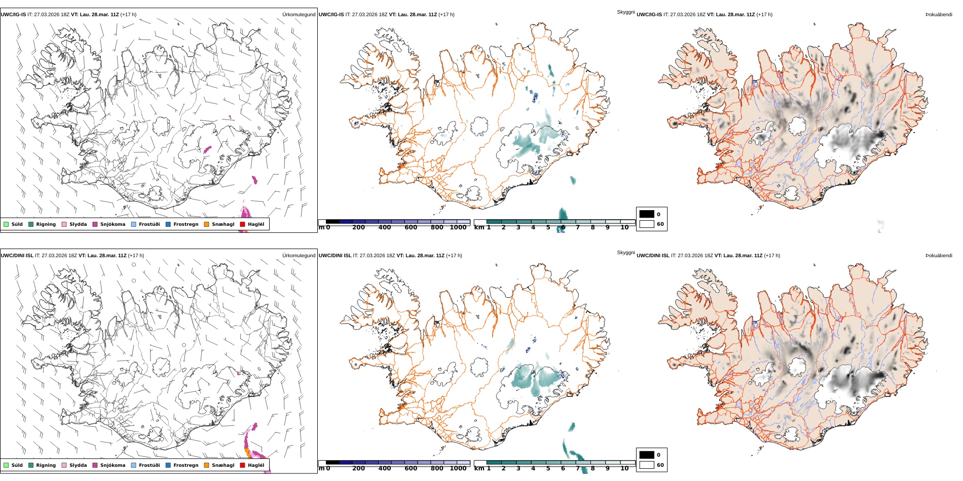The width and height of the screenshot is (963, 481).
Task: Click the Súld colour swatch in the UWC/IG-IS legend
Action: point(6,224)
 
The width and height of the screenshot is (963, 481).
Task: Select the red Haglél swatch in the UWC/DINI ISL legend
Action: point(242,465)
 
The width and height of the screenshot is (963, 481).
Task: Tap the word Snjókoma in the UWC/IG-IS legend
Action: point(113,224)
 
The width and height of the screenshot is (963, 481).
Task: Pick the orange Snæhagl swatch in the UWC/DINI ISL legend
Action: point(206,465)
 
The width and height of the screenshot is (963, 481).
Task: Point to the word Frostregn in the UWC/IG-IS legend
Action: point(186,224)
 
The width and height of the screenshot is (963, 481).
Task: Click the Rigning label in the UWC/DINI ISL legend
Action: point(46,465)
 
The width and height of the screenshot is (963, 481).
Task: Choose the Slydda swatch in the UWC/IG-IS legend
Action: point(64,224)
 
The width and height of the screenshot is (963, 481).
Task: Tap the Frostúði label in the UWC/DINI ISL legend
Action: point(149,465)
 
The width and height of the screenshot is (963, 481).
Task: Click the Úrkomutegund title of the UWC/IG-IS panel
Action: point(299,15)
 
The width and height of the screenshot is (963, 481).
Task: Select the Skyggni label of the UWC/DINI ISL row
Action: point(626,253)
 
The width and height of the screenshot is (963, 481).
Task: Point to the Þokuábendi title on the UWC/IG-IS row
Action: point(939,15)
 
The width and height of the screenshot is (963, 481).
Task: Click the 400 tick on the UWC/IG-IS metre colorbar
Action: point(385,227)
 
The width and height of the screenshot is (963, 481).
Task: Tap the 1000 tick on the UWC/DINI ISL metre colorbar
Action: point(458,468)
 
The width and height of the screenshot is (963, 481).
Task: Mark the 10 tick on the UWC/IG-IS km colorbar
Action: point(624,227)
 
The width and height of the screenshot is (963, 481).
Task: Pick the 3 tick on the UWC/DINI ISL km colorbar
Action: point(518,468)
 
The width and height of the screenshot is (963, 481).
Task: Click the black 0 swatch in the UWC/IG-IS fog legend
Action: point(647,214)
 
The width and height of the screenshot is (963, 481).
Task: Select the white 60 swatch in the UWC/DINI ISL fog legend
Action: point(647,465)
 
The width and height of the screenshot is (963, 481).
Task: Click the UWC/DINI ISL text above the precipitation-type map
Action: point(17,256)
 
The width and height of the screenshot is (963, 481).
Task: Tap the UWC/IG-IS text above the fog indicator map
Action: point(649,15)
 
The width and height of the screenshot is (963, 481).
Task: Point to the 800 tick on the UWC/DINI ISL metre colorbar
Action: point(437,468)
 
